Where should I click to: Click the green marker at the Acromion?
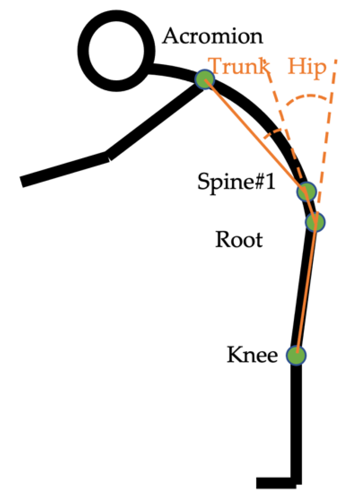click(205, 79)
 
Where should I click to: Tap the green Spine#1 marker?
click(307, 191)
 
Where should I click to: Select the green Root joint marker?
click(315, 222)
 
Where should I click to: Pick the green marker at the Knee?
click(296, 356)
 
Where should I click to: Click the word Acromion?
click(213, 36)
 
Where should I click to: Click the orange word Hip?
click(307, 67)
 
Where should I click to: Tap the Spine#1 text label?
click(236, 181)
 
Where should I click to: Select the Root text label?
click(239, 240)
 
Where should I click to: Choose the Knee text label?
click(252, 355)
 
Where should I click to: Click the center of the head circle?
click(116, 52)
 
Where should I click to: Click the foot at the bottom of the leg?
click(276, 483)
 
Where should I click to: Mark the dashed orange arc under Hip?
click(309, 97)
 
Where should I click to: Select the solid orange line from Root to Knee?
click(306, 288)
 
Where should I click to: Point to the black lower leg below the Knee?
click(296, 420)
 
